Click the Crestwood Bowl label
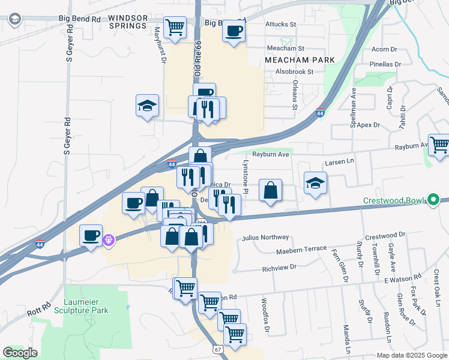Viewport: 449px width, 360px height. click(393, 200)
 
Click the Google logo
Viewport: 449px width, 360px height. click(20, 352)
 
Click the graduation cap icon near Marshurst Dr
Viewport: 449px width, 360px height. click(147, 106)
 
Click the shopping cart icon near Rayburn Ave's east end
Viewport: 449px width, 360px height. click(439, 145)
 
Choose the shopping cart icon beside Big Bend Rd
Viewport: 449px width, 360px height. click(175, 27)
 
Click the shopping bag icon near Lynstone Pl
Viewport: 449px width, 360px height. click(271, 190)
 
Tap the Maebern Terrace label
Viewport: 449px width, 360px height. click(301, 249)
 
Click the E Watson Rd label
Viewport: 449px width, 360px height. click(400, 280)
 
